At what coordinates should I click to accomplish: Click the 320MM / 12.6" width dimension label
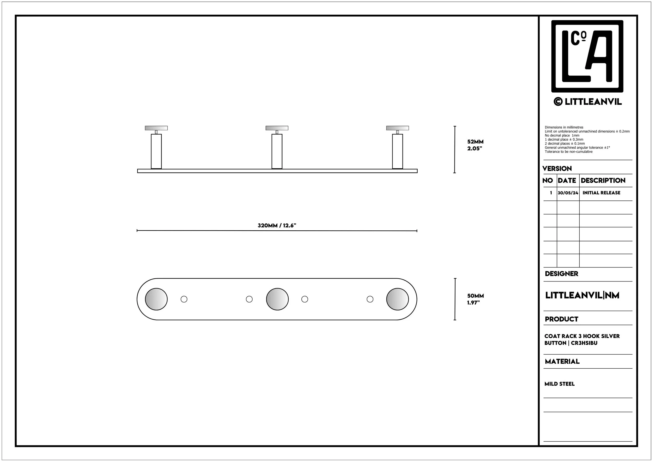click(277, 225)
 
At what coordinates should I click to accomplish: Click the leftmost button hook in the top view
click(156, 299)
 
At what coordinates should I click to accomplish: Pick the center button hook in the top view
click(277, 299)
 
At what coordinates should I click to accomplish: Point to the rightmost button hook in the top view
click(397, 299)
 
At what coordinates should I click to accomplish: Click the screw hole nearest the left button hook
click(184, 299)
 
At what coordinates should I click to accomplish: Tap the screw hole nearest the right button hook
click(370, 299)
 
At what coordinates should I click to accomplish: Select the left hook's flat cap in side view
click(156, 128)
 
